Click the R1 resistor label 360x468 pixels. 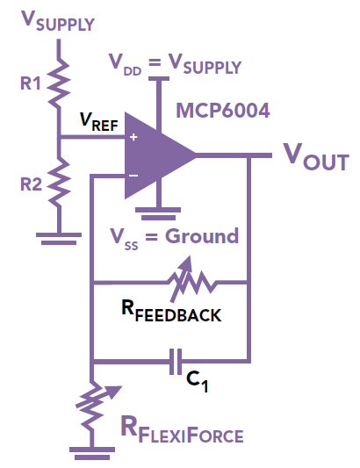(x=30, y=83)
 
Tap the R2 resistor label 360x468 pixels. (x=31, y=184)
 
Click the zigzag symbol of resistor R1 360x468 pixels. (x=59, y=83)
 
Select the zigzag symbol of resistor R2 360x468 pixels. (x=59, y=181)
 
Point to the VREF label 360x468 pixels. (x=99, y=122)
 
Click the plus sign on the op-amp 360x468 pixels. (x=133, y=137)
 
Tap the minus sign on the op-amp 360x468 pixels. (x=133, y=176)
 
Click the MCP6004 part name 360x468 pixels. (x=223, y=111)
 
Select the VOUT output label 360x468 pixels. (x=316, y=156)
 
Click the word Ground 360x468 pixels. (x=202, y=236)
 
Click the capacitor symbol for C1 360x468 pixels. (x=176, y=362)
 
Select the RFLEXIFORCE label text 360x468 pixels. (x=182, y=430)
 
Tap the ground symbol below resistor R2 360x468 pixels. (x=59, y=239)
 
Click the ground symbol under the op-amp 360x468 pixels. (x=158, y=214)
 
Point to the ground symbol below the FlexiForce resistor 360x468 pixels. (x=92, y=453)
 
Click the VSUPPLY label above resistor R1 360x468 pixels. (x=58, y=21)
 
